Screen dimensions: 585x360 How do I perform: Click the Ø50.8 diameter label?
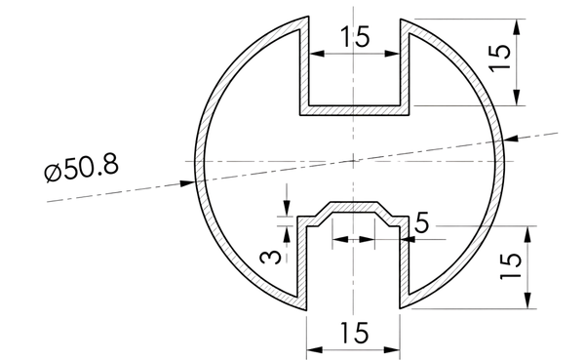(x=82, y=169)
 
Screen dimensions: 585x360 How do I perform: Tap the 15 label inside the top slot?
(x=355, y=37)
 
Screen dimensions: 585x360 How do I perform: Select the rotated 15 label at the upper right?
(x=499, y=59)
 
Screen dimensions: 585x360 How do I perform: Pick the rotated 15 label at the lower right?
(x=510, y=266)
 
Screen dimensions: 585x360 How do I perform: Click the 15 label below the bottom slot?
(x=355, y=333)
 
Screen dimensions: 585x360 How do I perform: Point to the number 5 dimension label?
(x=422, y=224)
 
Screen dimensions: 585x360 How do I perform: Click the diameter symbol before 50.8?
(x=53, y=173)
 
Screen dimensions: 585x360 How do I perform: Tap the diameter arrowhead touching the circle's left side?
(x=187, y=183)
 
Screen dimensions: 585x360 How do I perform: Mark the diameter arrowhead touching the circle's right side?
(x=511, y=138)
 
